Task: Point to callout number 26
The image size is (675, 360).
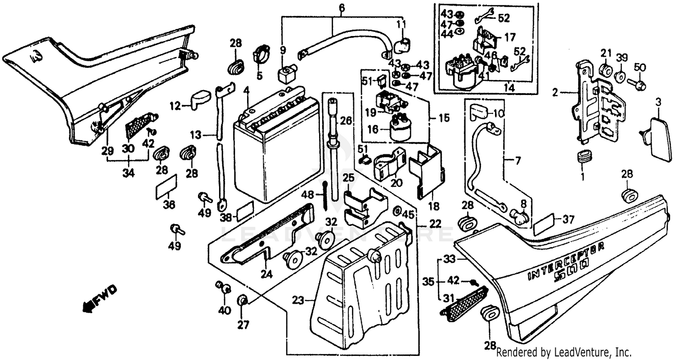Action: coord(346,121)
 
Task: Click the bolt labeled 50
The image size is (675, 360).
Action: coord(639,84)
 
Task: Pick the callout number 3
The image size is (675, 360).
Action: coord(658,102)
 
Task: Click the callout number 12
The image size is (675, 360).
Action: coord(175,106)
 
